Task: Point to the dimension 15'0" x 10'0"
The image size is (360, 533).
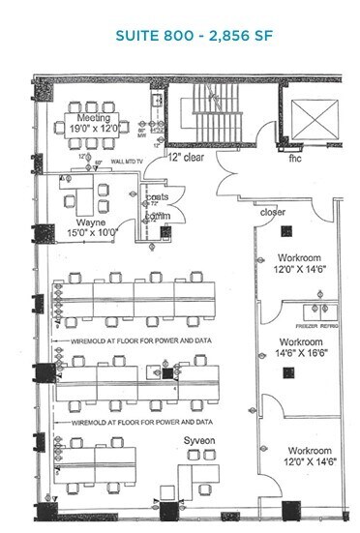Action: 90,232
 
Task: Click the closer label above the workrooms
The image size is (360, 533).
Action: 273,212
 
